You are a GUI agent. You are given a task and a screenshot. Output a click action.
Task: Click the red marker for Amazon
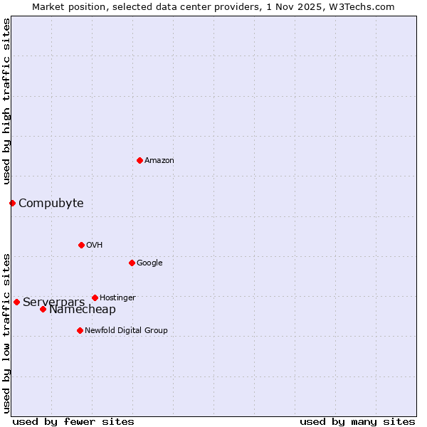[139, 160]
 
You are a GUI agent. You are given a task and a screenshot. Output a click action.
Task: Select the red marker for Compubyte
[12, 203]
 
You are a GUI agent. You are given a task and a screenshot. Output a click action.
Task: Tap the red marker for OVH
[81, 245]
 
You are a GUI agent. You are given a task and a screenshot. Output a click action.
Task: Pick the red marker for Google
[132, 263]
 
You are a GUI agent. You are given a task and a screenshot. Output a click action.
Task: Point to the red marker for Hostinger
[95, 297]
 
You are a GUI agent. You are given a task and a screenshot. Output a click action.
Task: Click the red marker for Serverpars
[16, 302]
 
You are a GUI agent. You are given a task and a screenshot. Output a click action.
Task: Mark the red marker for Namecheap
[43, 309]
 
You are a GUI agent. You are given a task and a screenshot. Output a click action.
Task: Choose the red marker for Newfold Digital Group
[80, 330]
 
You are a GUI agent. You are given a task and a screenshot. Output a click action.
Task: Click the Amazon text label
[159, 161]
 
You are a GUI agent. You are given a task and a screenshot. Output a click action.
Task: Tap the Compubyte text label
[51, 203]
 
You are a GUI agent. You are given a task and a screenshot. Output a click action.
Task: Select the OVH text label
[95, 246]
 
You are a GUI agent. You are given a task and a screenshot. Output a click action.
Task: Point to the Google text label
[149, 263]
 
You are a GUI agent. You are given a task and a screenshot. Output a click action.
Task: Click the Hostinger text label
[117, 297]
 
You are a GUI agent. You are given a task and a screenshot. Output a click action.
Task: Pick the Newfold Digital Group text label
[126, 330]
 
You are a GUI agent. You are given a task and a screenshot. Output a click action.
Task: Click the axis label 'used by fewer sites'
[73, 422]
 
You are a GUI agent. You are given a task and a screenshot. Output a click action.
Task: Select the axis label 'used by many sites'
[357, 422]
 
